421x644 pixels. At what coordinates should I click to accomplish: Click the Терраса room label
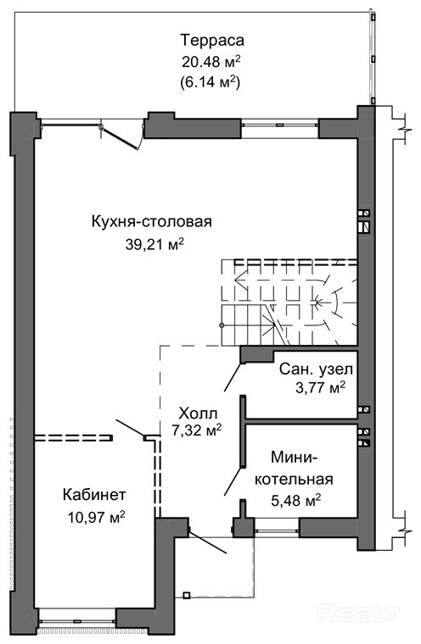[x=212, y=41]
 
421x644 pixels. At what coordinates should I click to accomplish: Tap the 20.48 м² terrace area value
[x=210, y=62]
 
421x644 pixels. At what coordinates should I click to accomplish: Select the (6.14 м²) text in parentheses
[x=210, y=82]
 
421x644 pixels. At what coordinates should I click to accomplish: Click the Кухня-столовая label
[x=151, y=221]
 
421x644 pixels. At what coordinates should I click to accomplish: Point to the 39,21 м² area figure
[x=154, y=244]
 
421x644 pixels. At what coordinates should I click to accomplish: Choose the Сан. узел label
[x=316, y=369]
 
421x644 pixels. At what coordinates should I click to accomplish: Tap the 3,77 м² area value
[x=320, y=387]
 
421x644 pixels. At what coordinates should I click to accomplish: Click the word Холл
[x=198, y=413]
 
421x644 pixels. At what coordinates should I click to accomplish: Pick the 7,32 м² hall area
[x=197, y=430]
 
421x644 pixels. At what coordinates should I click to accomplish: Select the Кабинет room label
[x=94, y=495]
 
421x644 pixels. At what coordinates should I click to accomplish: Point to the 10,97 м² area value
[x=97, y=517]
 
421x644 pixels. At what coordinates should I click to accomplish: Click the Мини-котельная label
[x=294, y=468]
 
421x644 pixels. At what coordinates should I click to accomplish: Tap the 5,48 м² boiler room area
[x=296, y=501]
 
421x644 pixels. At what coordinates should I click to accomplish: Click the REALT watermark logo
[x=359, y=614]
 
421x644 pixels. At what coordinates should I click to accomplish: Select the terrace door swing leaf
[x=120, y=137]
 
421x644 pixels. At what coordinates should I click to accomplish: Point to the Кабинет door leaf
[x=131, y=428]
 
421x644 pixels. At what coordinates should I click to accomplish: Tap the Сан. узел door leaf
[x=233, y=376]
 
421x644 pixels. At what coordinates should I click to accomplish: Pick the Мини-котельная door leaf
[x=233, y=481]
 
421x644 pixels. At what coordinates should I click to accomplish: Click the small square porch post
[x=187, y=595]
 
